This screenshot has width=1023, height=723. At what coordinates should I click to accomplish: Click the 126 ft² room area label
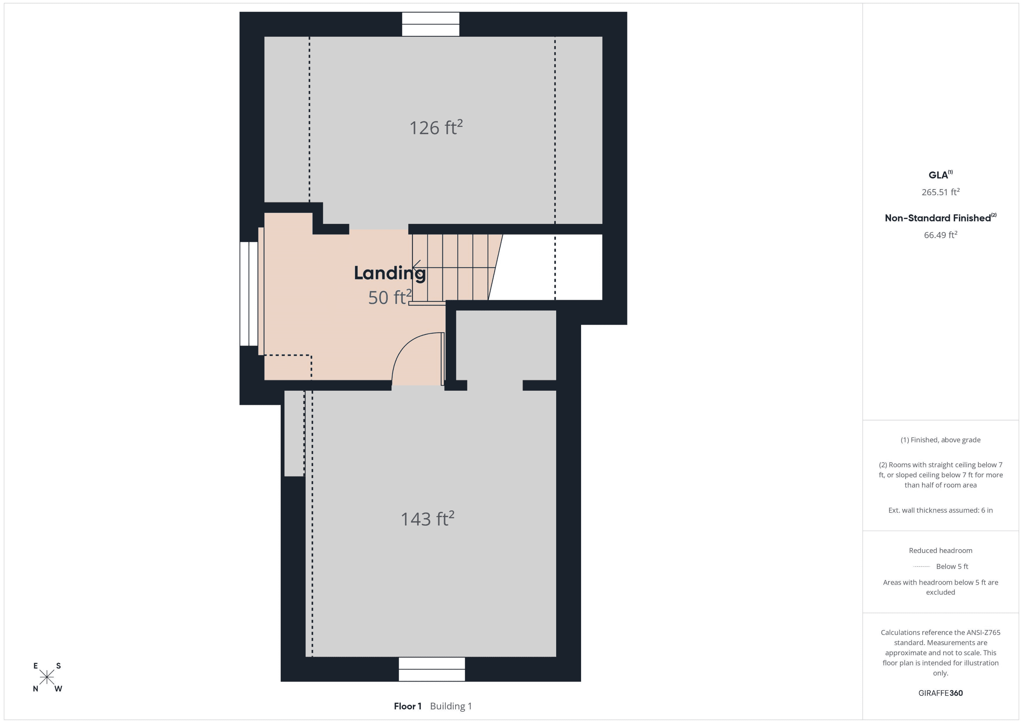(436, 128)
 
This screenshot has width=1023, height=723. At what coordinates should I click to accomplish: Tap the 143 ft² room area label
(427, 519)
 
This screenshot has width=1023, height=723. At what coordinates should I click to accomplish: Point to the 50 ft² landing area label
(390, 297)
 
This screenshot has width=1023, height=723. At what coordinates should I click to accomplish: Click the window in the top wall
(430, 24)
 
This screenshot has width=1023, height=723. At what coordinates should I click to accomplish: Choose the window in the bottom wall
(432, 669)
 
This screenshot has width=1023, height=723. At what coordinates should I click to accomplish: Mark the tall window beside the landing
(249, 294)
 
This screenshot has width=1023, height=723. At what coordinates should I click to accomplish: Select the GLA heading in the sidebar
(940, 174)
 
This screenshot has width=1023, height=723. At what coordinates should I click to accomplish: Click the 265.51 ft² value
(940, 192)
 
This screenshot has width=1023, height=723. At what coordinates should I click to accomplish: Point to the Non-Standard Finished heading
(940, 218)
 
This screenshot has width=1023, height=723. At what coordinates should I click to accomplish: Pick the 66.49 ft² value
(940, 235)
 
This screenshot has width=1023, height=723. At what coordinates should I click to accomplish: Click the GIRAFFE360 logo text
(940, 693)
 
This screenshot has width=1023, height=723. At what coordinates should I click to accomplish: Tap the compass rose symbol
(47, 677)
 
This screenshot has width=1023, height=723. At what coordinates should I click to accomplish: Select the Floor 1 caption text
(407, 706)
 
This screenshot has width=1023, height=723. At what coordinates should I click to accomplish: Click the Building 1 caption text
(451, 706)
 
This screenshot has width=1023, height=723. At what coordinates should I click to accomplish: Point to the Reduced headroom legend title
(940, 550)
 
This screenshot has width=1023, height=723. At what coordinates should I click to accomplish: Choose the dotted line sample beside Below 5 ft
(921, 567)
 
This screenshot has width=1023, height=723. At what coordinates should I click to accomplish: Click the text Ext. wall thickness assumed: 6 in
(940, 510)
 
